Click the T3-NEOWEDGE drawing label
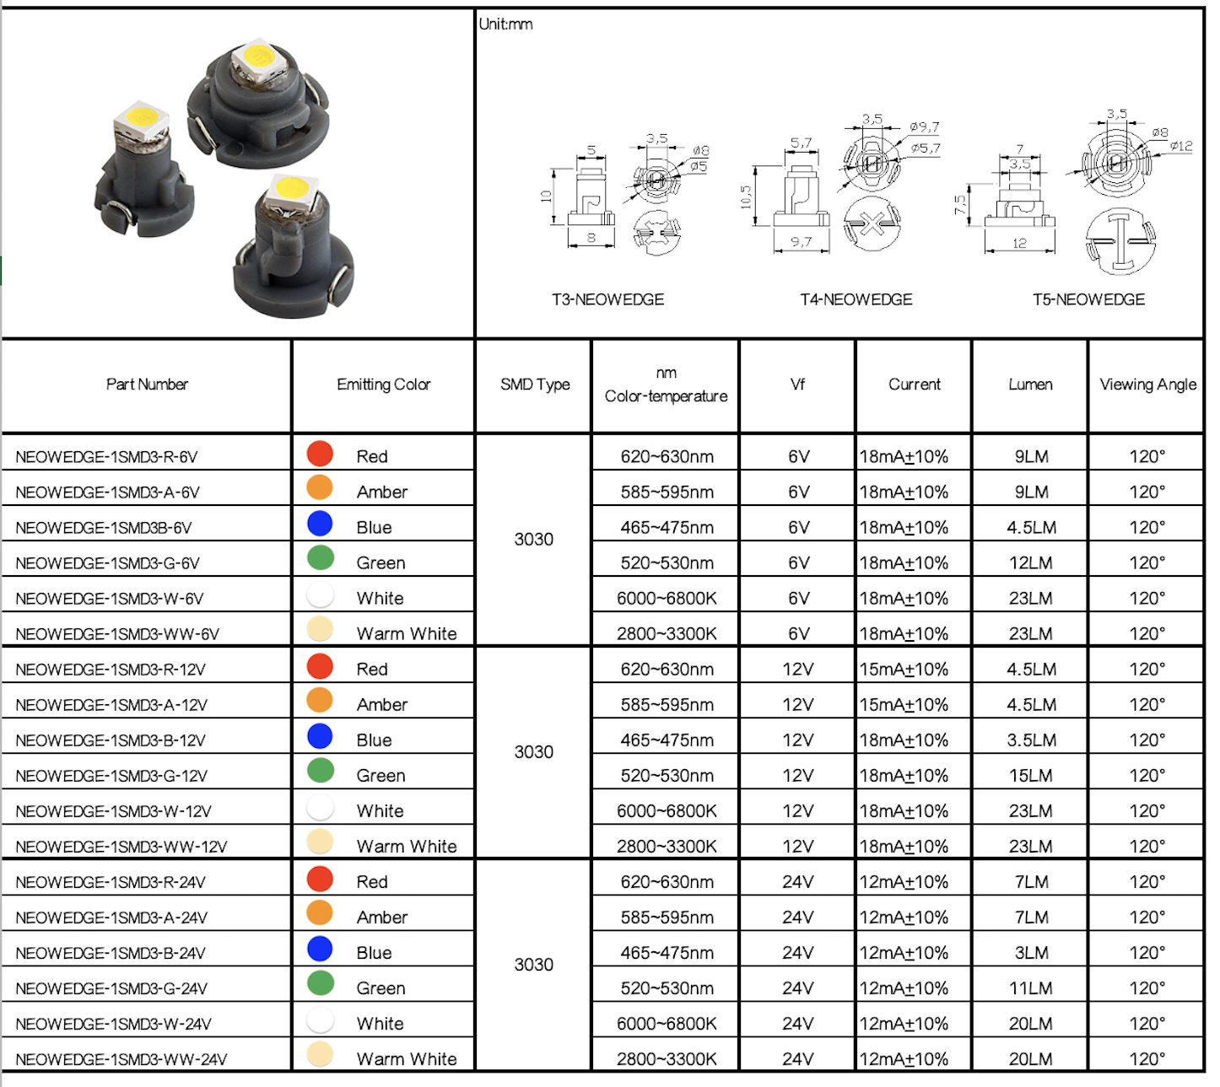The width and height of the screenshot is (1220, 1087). (607, 299)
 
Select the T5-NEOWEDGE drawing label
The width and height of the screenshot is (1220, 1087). (1088, 299)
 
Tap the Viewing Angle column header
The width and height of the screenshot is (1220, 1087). (1147, 385)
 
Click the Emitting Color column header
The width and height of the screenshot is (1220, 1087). (383, 385)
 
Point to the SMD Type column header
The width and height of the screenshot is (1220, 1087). (535, 385)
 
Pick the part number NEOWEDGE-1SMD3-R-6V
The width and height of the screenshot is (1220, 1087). (106, 457)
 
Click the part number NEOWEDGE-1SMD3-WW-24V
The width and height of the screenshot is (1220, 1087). (121, 1059)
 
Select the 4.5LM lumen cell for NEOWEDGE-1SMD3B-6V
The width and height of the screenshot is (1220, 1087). (1031, 528)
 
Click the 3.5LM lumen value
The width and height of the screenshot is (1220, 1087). (1031, 740)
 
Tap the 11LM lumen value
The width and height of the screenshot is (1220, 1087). (1031, 988)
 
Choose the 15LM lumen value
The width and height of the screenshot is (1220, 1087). (1031, 776)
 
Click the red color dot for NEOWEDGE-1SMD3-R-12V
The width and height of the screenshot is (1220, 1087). (320, 666)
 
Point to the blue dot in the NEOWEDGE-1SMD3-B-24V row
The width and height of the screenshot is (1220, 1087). (320, 949)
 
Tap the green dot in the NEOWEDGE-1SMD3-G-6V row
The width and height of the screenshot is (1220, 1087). (321, 557)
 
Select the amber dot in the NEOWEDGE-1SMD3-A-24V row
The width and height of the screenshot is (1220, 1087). (320, 912)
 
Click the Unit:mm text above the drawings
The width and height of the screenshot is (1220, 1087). (506, 24)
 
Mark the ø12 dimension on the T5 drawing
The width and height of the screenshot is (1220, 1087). (1181, 146)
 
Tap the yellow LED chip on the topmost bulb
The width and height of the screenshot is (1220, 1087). (258, 57)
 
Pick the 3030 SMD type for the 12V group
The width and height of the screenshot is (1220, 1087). (534, 752)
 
